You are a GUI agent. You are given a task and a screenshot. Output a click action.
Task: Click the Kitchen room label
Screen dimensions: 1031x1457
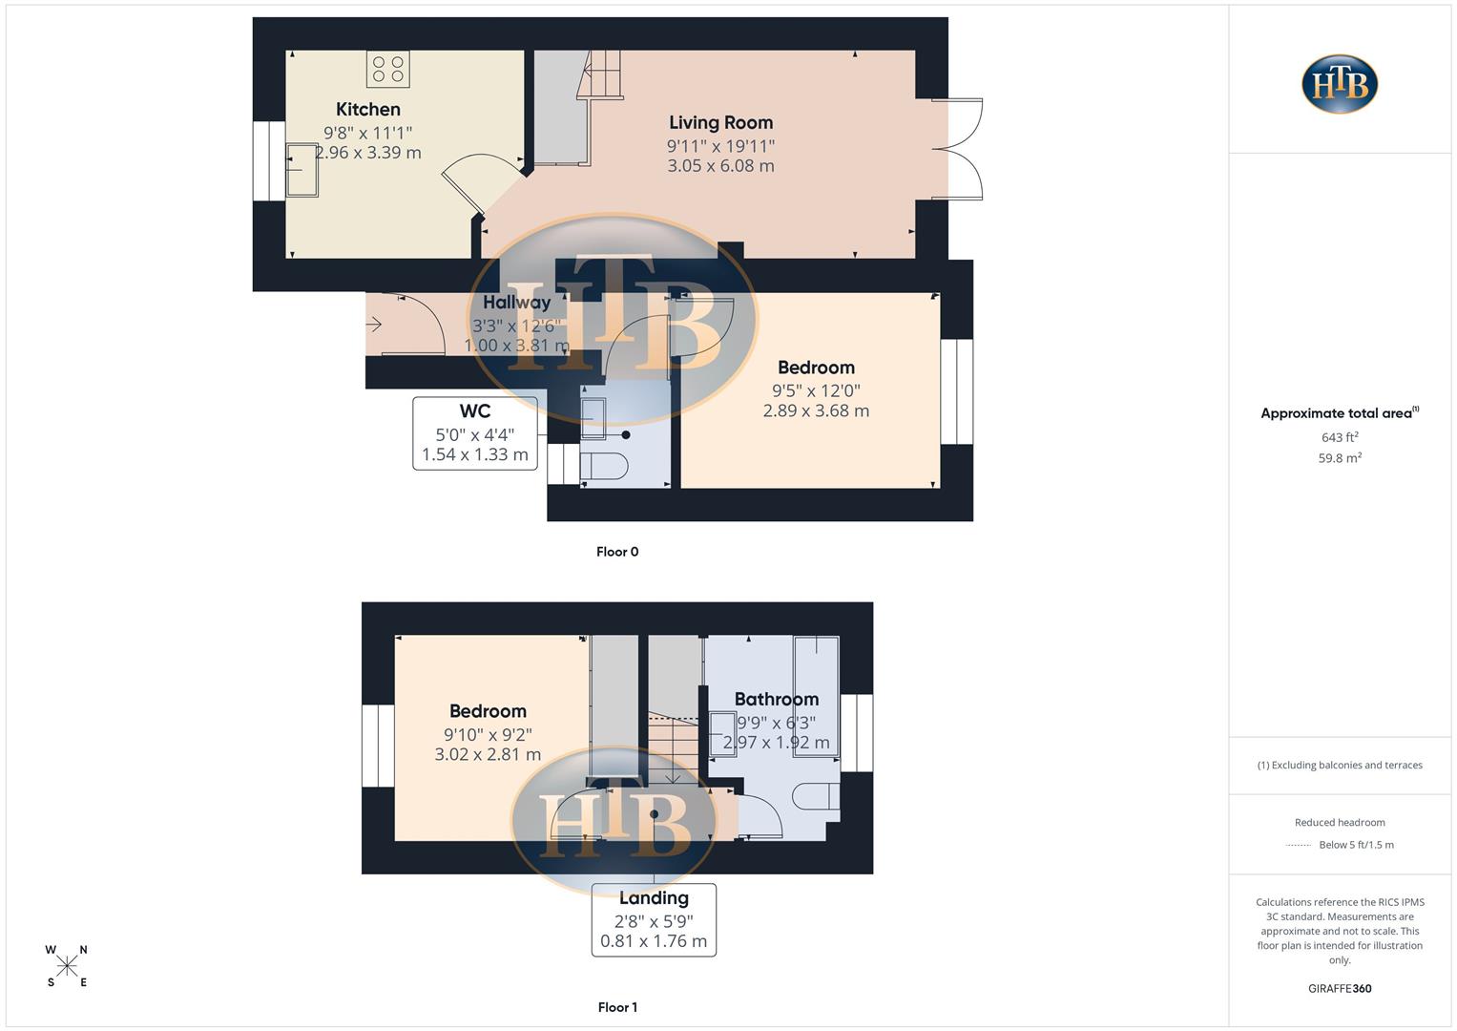(367, 110)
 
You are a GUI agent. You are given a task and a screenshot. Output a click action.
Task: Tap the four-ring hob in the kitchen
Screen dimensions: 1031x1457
(387, 69)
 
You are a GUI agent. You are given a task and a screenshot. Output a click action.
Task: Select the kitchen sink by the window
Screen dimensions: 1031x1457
(302, 170)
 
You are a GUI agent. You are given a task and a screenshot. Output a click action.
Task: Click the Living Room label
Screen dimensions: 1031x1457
(720, 122)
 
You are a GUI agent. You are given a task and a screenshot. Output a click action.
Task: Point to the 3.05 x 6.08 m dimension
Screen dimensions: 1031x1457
(720, 166)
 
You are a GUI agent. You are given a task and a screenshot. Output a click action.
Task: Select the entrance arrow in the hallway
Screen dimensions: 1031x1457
(373, 325)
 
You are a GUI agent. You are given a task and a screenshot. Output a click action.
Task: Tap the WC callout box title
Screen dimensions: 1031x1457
(474, 411)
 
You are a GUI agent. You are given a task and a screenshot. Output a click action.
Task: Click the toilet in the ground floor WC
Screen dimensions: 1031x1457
(603, 467)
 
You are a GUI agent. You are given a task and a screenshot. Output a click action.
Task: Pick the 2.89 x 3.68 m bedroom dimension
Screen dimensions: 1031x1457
(816, 411)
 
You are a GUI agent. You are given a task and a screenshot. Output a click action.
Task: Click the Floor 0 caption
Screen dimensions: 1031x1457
(617, 552)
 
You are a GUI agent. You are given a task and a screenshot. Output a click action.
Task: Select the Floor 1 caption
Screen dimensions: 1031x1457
(617, 1007)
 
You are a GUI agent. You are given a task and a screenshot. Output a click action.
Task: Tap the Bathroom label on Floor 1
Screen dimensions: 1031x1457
(776, 700)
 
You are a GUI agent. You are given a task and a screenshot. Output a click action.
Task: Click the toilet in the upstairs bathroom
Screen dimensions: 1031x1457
(817, 796)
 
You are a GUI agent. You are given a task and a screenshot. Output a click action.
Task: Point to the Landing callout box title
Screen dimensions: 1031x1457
(654, 898)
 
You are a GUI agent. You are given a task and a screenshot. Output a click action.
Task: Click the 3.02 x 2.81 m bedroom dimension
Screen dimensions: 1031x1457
(488, 755)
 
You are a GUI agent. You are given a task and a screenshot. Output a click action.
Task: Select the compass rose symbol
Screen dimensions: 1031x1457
(67, 967)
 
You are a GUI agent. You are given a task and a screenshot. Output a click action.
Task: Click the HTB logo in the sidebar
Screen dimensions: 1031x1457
(1340, 84)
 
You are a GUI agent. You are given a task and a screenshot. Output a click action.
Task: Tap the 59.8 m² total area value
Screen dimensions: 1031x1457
(1340, 458)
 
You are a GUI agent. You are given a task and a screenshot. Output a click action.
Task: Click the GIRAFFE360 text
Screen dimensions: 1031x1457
(1340, 989)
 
